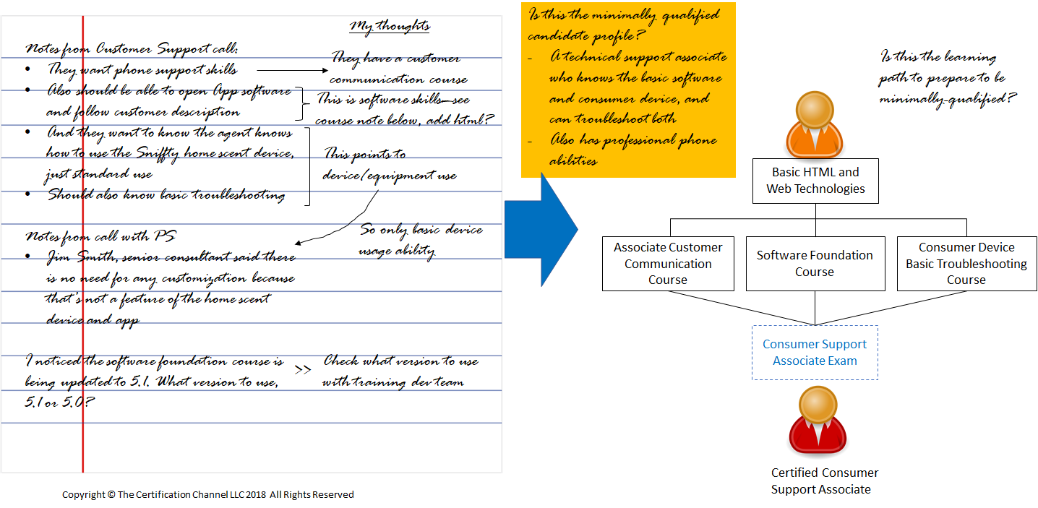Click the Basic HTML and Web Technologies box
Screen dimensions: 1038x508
click(x=815, y=181)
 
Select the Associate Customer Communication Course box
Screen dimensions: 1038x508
click(x=668, y=264)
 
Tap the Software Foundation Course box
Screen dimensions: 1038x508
click(x=815, y=264)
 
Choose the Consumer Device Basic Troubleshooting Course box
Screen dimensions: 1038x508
click(x=966, y=264)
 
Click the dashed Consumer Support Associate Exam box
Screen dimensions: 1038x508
click(x=815, y=353)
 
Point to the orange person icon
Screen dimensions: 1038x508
click(x=814, y=124)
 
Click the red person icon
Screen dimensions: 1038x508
click(x=818, y=420)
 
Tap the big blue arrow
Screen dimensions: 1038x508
click(x=541, y=229)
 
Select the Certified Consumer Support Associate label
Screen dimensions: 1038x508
click(x=824, y=481)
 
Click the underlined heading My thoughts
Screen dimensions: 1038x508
click(x=390, y=27)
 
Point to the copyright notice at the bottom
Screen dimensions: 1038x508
click(x=208, y=494)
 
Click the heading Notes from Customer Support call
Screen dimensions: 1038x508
click(x=132, y=48)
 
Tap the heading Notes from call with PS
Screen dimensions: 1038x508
click(x=100, y=236)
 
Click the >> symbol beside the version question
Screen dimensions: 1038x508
click(x=303, y=369)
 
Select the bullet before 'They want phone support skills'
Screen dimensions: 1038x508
click(x=27, y=69)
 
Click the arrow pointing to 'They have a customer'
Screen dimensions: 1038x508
click(x=293, y=70)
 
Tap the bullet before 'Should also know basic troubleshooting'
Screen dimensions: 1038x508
click(x=27, y=194)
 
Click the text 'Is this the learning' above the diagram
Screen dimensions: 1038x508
click(x=938, y=56)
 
